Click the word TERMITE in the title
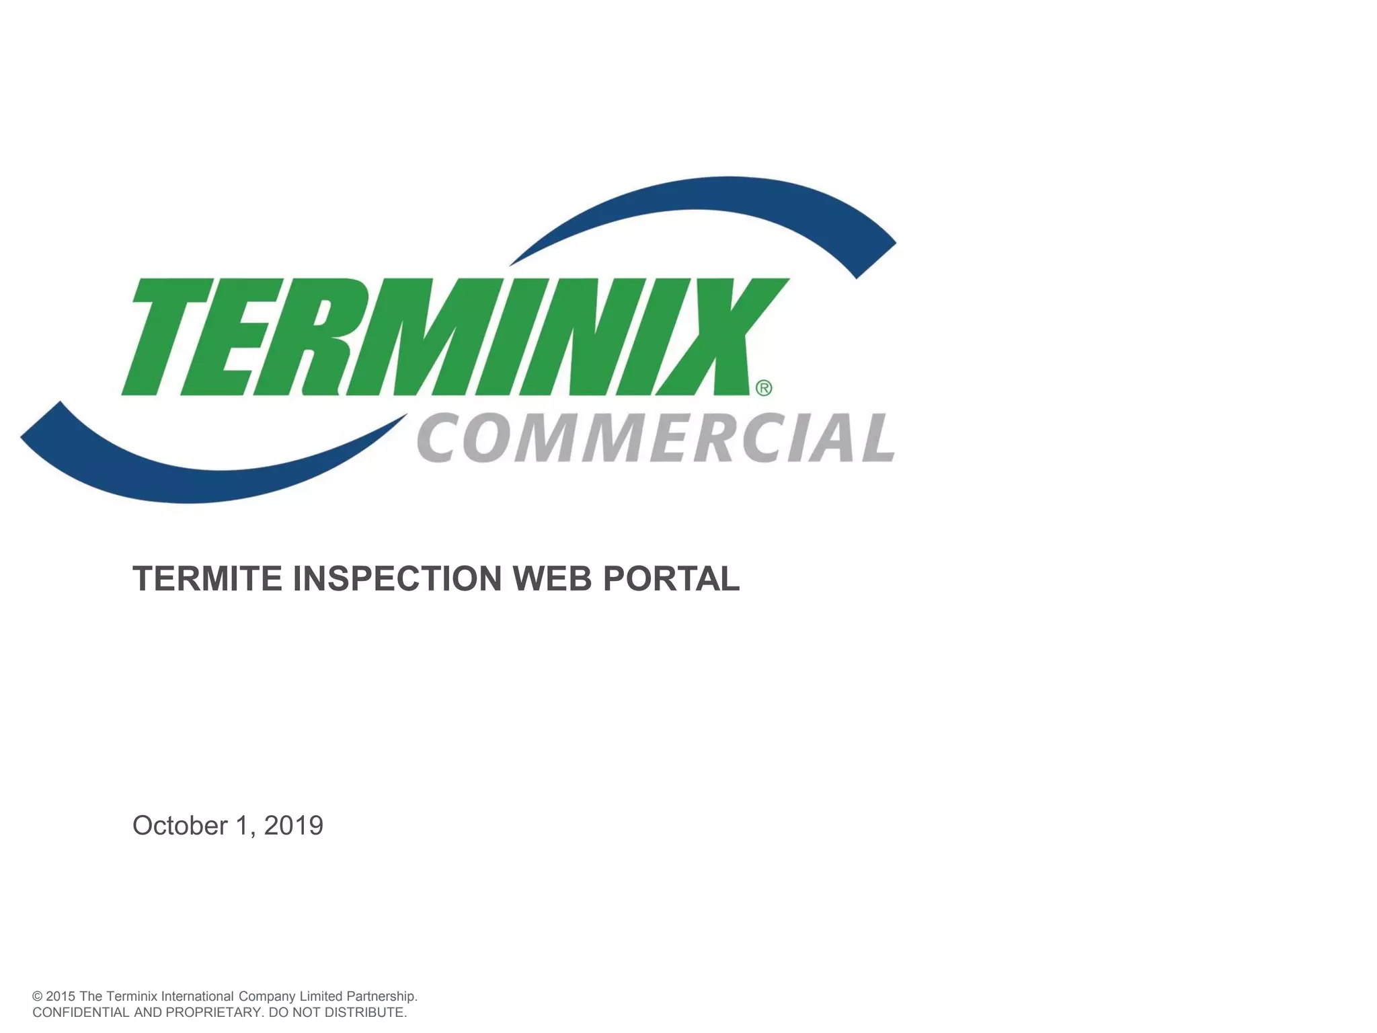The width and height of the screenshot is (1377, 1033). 207,578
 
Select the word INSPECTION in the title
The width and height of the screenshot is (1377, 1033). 397,578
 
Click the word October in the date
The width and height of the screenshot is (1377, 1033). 180,826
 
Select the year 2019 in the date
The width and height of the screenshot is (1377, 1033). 294,826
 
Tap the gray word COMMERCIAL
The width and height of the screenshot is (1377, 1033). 656,438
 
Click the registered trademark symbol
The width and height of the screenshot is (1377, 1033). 764,388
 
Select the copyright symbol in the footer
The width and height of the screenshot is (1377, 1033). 38,997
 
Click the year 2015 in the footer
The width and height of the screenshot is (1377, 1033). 61,997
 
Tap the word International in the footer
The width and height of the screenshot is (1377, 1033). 197,997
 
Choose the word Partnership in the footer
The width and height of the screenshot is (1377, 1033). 381,997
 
